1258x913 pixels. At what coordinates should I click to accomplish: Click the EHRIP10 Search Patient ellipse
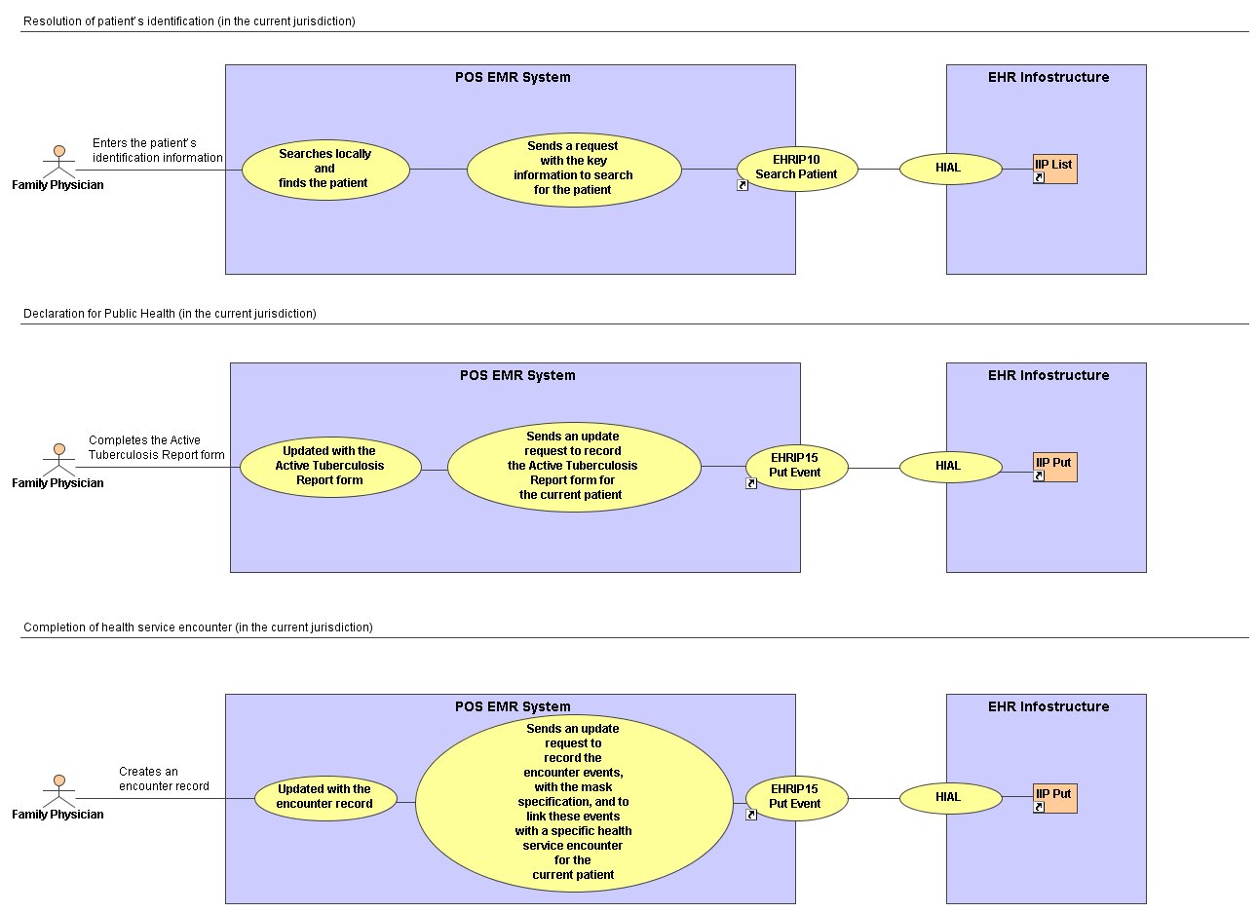797,169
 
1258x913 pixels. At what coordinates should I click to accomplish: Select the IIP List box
1054,169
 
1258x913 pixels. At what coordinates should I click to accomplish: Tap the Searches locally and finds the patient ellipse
325,170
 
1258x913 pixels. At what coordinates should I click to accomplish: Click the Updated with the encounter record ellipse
325,798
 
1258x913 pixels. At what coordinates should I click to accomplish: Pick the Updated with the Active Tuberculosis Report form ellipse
330,467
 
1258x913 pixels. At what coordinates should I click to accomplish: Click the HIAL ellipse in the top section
951,169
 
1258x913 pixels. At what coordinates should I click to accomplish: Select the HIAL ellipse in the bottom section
951,798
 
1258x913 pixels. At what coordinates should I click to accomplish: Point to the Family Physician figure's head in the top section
59,151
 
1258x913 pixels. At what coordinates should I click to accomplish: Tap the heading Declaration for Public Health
170,314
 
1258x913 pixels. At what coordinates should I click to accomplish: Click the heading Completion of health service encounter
198,628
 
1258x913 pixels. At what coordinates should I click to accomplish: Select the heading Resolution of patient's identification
189,21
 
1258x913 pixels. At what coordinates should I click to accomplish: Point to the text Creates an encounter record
164,779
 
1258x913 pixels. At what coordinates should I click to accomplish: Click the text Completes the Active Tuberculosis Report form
156,447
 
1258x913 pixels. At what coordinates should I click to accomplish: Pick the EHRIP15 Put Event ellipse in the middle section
797,467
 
